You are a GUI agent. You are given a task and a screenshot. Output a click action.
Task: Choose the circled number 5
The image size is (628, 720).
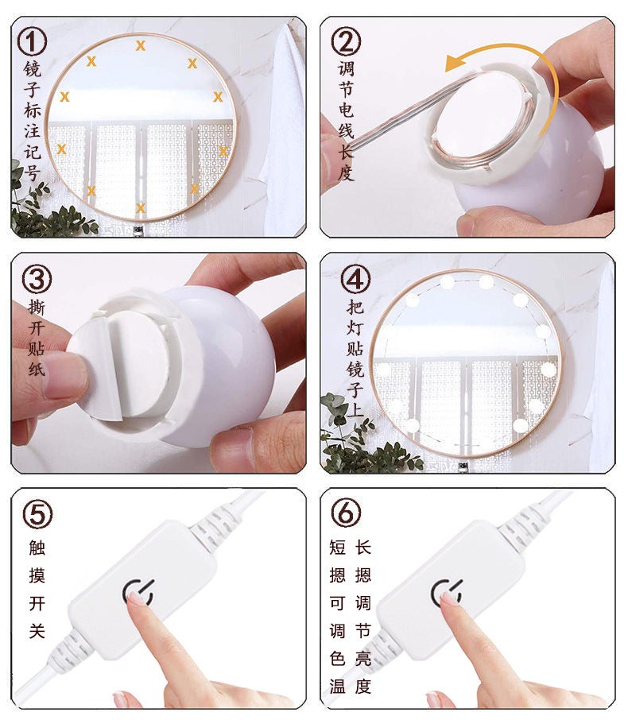(37, 513)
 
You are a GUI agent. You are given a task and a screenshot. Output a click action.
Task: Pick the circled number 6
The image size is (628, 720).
(346, 513)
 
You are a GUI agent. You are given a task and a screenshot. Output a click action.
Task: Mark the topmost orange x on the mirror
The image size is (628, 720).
(141, 45)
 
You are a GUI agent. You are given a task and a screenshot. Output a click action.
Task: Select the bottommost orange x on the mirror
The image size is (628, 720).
(141, 208)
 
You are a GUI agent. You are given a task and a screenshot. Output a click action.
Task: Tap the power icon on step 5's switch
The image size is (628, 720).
(136, 591)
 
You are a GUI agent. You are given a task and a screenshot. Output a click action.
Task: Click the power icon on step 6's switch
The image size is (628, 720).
(445, 591)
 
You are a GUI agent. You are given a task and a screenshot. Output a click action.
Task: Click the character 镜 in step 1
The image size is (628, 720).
(33, 69)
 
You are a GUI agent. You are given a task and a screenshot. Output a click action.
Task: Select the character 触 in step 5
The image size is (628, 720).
(37, 547)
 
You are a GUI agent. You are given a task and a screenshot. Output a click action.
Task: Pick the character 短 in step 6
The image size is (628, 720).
(337, 547)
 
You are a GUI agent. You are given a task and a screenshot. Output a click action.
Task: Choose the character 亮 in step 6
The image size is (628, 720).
(363, 658)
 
